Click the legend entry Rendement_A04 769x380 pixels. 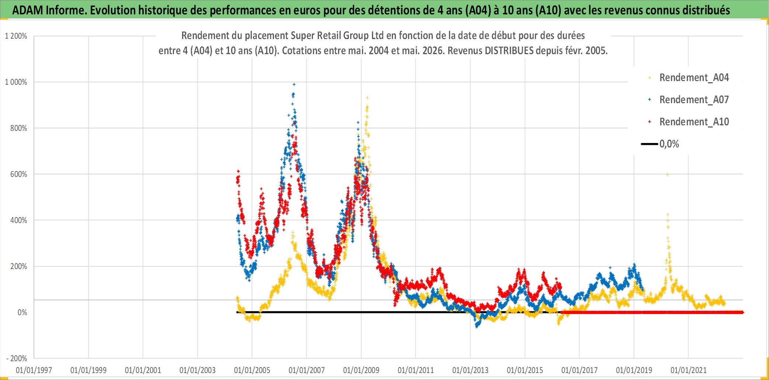pos(688,78)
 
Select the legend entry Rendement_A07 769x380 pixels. pos(688,100)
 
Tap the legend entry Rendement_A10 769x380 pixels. pos(688,122)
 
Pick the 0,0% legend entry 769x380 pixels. pos(660,144)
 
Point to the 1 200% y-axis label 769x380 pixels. pos(16,36)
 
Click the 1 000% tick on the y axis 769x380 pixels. pos(16,82)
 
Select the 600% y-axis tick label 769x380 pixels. pos(18,174)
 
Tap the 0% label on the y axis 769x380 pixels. pos(22,313)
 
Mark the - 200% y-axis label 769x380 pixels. pos(17,359)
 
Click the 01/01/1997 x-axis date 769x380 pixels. pos(34,370)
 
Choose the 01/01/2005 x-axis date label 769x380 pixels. pos(252,370)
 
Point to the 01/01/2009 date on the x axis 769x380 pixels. pos(361,370)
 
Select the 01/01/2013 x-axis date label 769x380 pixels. pos(470,370)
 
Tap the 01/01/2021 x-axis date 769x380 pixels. pos(689,370)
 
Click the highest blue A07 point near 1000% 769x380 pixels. pos(294,84)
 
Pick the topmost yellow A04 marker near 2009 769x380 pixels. pos(367,98)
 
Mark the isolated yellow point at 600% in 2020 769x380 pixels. pos(668,175)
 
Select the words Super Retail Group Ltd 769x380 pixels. pos(337,35)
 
